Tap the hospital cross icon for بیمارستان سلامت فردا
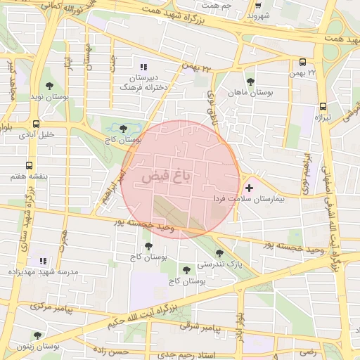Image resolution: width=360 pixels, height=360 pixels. [249, 188]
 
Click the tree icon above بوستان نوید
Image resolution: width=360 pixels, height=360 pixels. [49, 86]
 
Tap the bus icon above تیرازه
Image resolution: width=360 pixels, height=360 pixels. [322, 104]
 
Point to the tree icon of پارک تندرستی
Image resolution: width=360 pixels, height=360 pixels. [220, 252]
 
